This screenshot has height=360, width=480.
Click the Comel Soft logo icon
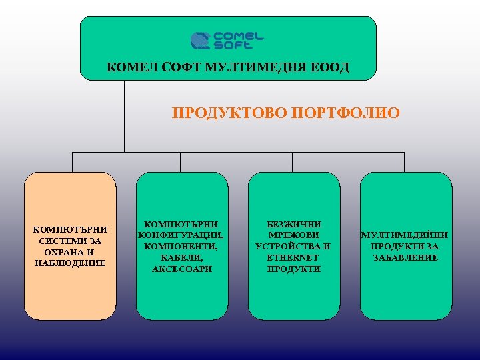click(201, 41)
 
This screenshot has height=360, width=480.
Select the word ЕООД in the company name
click(331, 67)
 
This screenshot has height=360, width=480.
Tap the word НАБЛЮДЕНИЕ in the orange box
click(70, 263)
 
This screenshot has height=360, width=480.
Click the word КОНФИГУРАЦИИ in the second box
click(181, 235)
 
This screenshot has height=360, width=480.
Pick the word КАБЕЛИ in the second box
click(182, 258)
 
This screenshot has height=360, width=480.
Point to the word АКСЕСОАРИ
click(181, 269)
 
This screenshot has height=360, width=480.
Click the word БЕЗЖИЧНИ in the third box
click(293, 224)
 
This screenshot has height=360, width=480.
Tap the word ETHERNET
click(293, 258)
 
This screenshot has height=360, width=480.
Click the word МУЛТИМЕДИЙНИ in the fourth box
click(405, 235)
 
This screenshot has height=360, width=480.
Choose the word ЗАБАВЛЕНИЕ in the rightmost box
click(405, 258)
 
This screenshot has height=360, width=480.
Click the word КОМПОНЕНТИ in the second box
click(181, 247)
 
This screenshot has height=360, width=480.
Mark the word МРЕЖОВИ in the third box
click(293, 235)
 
